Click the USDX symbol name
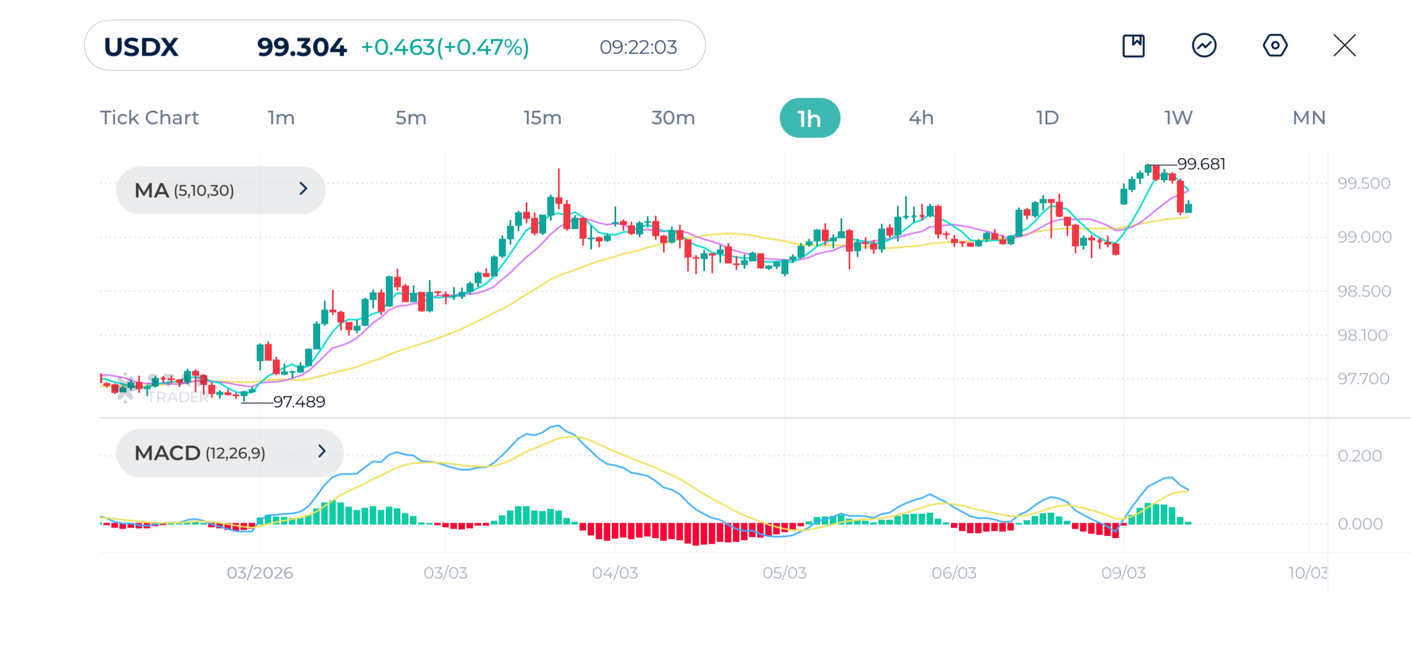point(141,47)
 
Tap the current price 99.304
point(301,47)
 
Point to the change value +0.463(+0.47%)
point(445,47)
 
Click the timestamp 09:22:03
point(638,47)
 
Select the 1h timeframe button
point(809,118)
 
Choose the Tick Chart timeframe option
point(149,118)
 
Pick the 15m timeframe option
point(542,118)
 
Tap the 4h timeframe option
point(921,118)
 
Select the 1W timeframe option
point(1178,118)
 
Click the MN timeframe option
point(1308,118)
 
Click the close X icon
point(1344,45)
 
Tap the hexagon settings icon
point(1275,45)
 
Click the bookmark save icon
point(1133,45)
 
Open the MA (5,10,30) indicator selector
point(220,190)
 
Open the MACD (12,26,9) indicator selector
point(229,453)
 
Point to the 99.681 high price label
point(1201,164)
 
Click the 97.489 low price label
point(299,401)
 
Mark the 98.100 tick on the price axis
point(1362,335)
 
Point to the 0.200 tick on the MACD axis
point(1359,455)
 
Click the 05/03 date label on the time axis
point(784,572)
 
